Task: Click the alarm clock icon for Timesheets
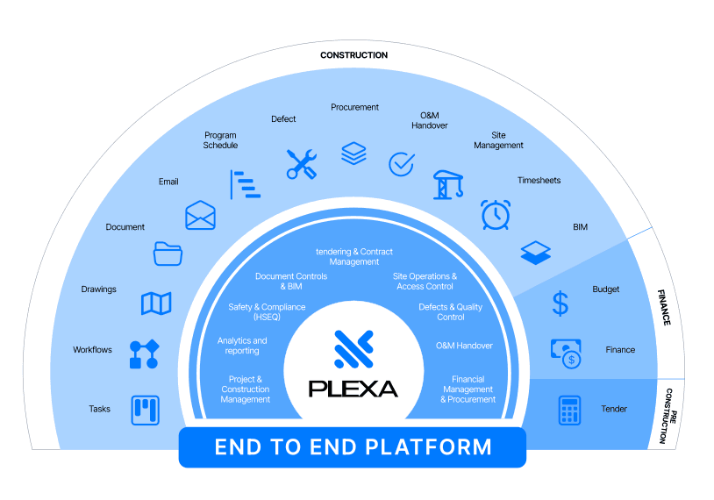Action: pyautogui.click(x=496, y=215)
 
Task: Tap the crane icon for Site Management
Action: pyautogui.click(x=448, y=184)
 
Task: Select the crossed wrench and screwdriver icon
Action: pyautogui.click(x=302, y=164)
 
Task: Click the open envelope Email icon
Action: pyautogui.click(x=200, y=215)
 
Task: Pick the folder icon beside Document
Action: pyautogui.click(x=168, y=254)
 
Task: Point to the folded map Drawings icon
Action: pyautogui.click(x=156, y=304)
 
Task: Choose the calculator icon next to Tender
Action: pyautogui.click(x=569, y=410)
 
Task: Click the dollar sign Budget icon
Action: pyautogui.click(x=560, y=304)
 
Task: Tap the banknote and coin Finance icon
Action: pyautogui.click(x=566, y=354)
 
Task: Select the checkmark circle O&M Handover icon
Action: pyautogui.click(x=401, y=164)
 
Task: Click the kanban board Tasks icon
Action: pyautogui.click(x=146, y=410)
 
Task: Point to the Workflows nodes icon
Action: pyautogui.click(x=145, y=354)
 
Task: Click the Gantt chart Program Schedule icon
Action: pyautogui.click(x=245, y=184)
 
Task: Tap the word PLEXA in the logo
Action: pyautogui.click(x=353, y=389)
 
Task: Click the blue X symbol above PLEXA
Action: pyautogui.click(x=353, y=349)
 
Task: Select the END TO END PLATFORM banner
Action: pyautogui.click(x=353, y=447)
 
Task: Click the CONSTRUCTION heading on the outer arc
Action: pyautogui.click(x=353, y=55)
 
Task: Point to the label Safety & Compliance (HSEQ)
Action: pyautogui.click(x=267, y=312)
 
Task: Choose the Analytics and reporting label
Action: pyautogui.click(x=242, y=346)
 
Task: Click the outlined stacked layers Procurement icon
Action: pyautogui.click(x=353, y=153)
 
